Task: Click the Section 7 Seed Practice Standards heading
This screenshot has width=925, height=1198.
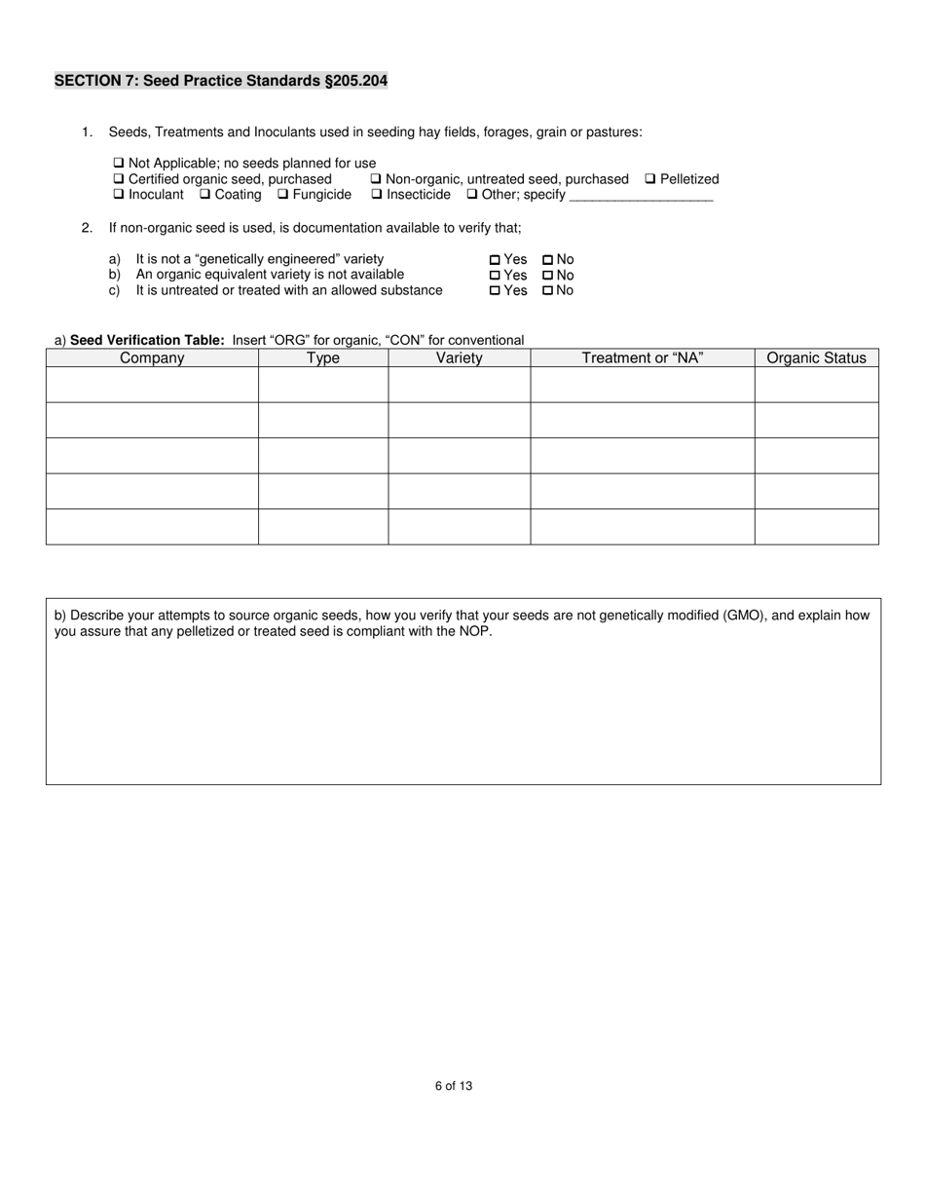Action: coord(221,81)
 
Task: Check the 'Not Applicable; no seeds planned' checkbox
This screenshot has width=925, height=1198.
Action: coord(119,164)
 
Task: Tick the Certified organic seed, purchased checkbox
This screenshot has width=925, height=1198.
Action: coord(119,179)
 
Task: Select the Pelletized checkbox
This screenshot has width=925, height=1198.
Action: coord(650,179)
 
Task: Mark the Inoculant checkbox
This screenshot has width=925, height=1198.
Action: coord(119,195)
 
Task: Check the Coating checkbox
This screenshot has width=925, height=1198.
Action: coord(205,195)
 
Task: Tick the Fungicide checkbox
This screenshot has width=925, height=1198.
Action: coord(282,195)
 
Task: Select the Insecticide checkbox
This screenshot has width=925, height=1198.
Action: coord(377,195)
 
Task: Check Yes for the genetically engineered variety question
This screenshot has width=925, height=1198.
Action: coord(495,260)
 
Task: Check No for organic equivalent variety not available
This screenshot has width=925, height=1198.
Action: coord(548,276)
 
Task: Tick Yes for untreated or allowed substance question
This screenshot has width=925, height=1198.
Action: coord(495,291)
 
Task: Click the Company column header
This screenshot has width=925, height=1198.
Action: coord(152,358)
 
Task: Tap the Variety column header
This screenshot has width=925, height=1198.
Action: coord(459,358)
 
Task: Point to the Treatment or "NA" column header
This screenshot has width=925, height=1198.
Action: coord(642,358)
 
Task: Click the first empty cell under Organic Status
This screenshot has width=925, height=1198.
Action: coord(816,385)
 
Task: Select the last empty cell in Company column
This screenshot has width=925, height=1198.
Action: coord(152,527)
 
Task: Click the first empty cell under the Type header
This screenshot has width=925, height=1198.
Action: coord(322,385)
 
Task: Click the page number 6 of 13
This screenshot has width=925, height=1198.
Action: coord(454,1086)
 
